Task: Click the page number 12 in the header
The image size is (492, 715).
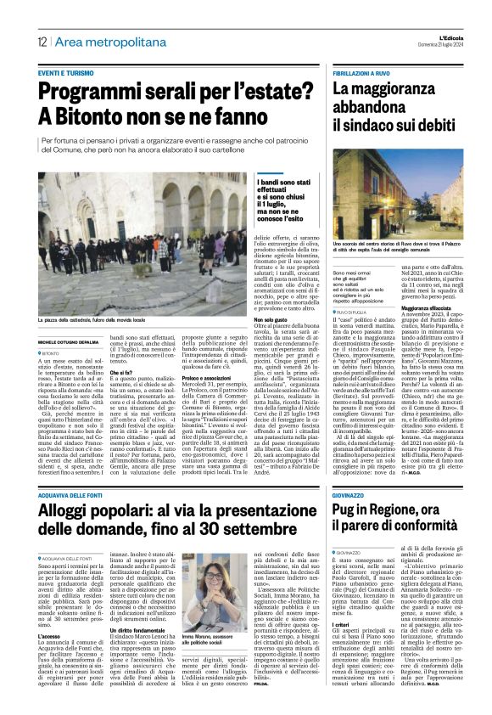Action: click(x=41, y=42)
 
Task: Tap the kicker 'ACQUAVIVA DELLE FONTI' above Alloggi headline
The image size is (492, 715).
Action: click(x=72, y=470)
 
